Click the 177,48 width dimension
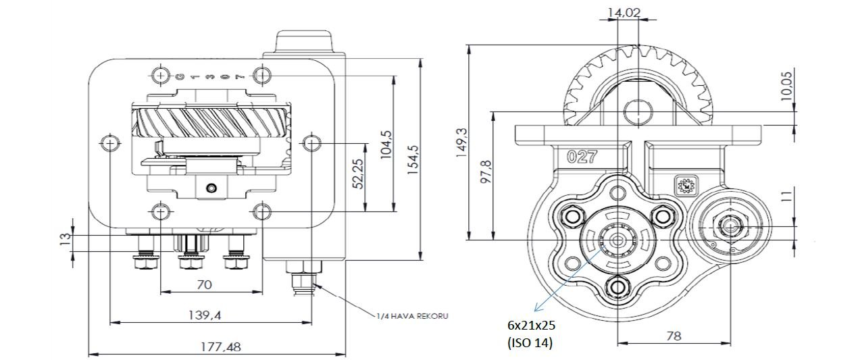coord(217,347)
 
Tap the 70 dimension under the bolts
coord(204,285)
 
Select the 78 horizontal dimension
coord(674,336)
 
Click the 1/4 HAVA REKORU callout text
coord(413,315)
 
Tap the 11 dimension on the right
coord(786,197)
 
